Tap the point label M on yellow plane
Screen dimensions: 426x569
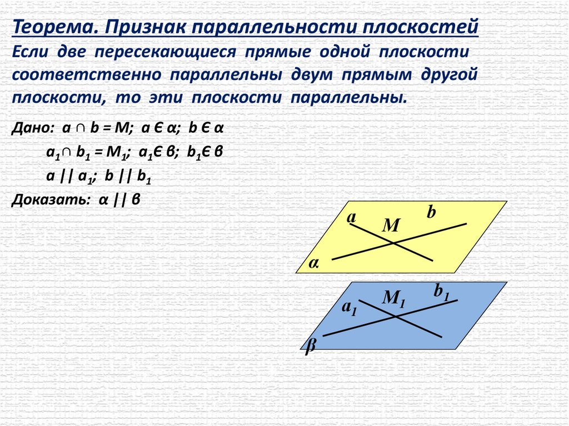tap(391, 225)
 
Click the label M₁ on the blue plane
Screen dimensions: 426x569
tap(393, 299)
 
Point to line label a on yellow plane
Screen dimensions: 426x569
tap(351, 218)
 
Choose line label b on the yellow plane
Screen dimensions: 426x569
tap(432, 212)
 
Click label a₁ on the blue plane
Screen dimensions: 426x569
tap(348, 309)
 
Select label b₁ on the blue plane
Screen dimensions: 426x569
tap(441, 292)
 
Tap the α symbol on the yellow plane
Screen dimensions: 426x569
tap(314, 264)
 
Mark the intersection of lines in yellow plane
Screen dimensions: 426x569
tap(394, 243)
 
